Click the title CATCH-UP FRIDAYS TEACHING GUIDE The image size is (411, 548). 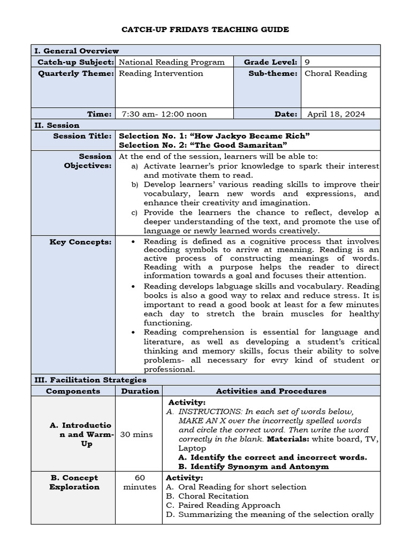click(x=205, y=29)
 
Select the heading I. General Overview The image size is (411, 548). click(x=77, y=51)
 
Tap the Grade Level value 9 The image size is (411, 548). click(x=307, y=62)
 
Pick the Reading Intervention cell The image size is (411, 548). click(x=161, y=73)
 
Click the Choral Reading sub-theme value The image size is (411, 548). click(x=336, y=73)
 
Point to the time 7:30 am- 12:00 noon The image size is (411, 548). click(x=164, y=114)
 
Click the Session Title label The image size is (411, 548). click(x=82, y=136)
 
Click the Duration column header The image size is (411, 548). click(x=139, y=391)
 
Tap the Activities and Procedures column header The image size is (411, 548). click(x=271, y=391)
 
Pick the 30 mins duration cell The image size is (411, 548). click(x=139, y=435)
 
